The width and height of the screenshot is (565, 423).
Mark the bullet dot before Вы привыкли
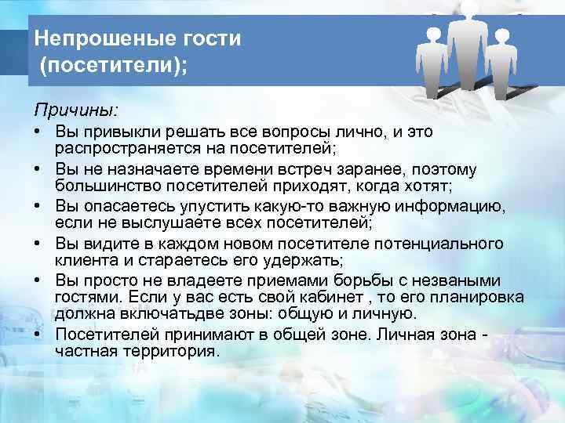(38, 132)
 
